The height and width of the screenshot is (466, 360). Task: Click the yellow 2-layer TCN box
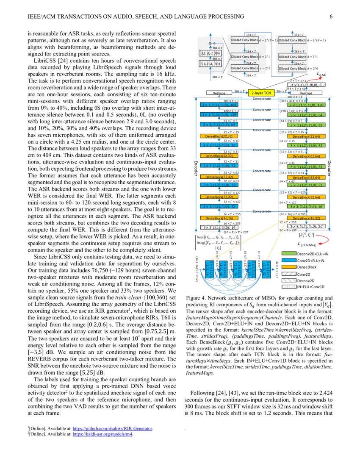(262, 92)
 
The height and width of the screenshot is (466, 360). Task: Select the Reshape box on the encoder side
(219, 92)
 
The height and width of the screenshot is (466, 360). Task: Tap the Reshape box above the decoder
(305, 92)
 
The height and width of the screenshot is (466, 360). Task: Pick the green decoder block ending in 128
(306, 105)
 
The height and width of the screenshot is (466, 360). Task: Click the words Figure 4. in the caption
(196, 298)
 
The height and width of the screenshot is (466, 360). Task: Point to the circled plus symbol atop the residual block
(210, 43)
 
